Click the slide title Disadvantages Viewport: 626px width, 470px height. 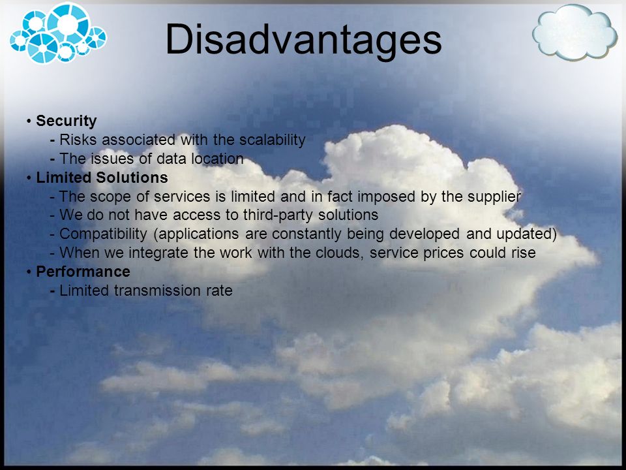pos(303,40)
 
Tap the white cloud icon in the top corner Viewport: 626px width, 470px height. pos(574,32)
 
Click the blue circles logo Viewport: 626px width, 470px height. pos(58,33)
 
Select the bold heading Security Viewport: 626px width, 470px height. pos(67,121)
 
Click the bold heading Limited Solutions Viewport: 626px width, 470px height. pos(102,178)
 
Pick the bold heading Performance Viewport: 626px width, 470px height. pos(83,272)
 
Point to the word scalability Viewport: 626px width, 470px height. pos(273,140)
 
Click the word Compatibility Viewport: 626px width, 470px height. pos(103,234)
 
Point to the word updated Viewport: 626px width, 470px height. pos(527,234)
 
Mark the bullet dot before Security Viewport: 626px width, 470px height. pos(29,121)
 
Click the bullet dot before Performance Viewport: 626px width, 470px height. pos(29,272)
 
